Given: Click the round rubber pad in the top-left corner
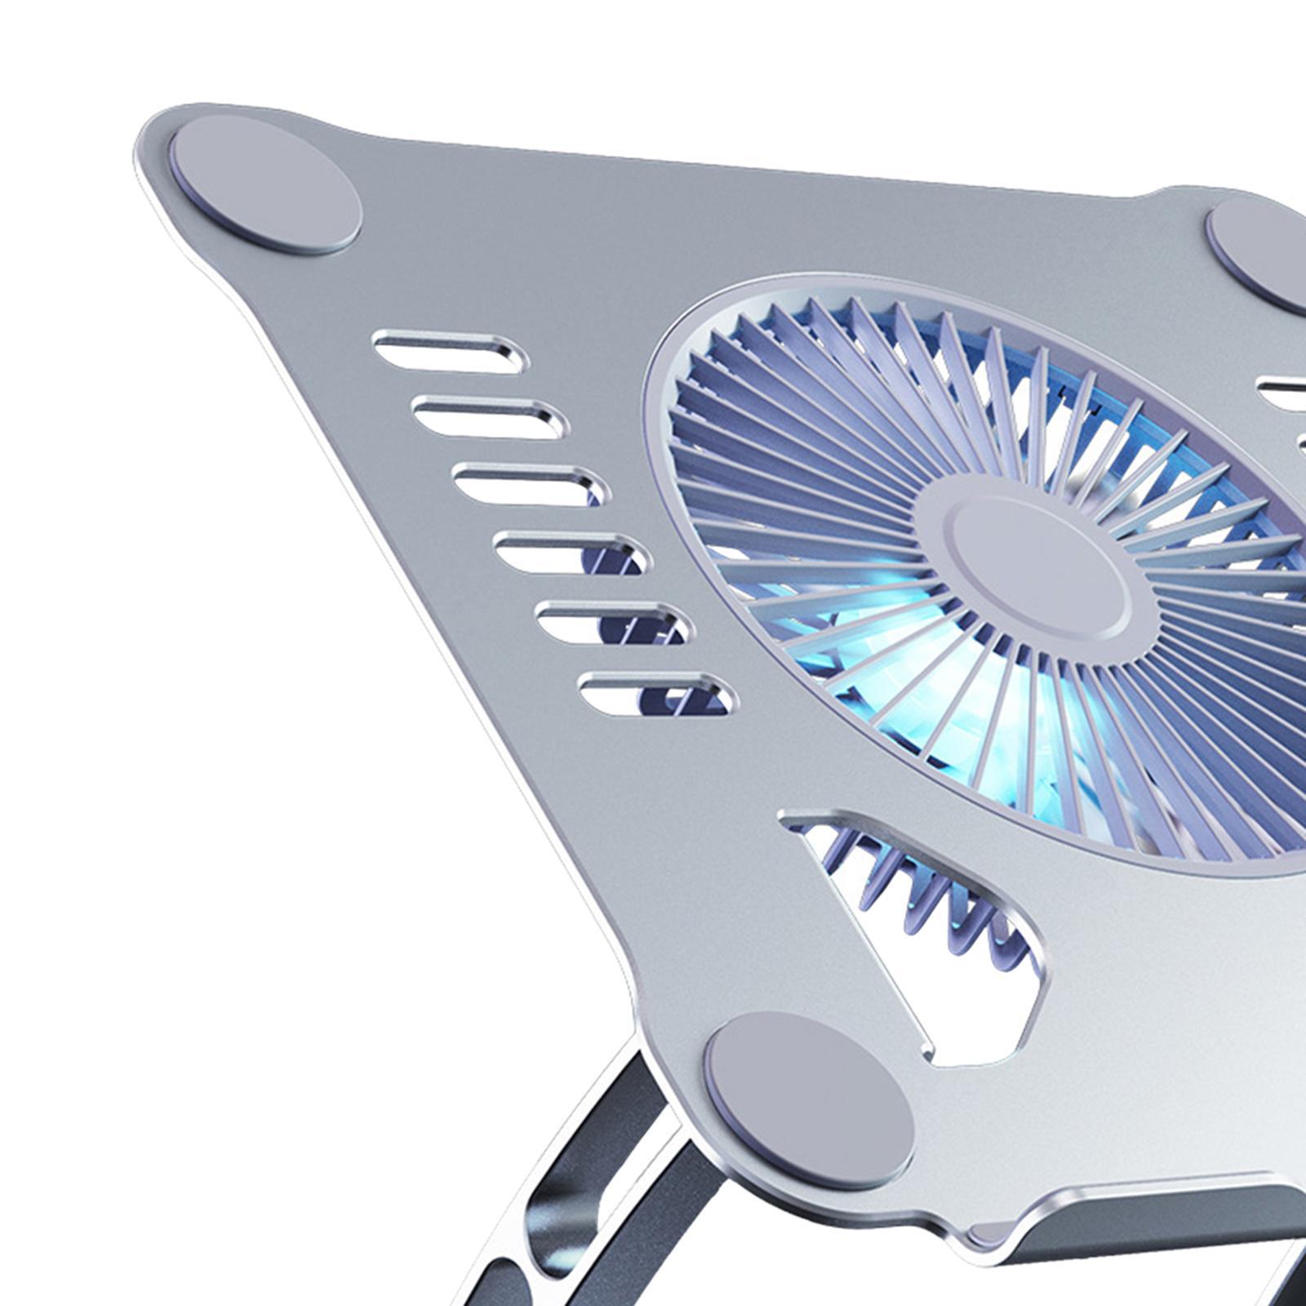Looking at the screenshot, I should click(x=265, y=184).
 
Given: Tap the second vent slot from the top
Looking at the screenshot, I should click(x=489, y=417).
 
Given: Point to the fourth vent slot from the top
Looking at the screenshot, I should click(x=570, y=553).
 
